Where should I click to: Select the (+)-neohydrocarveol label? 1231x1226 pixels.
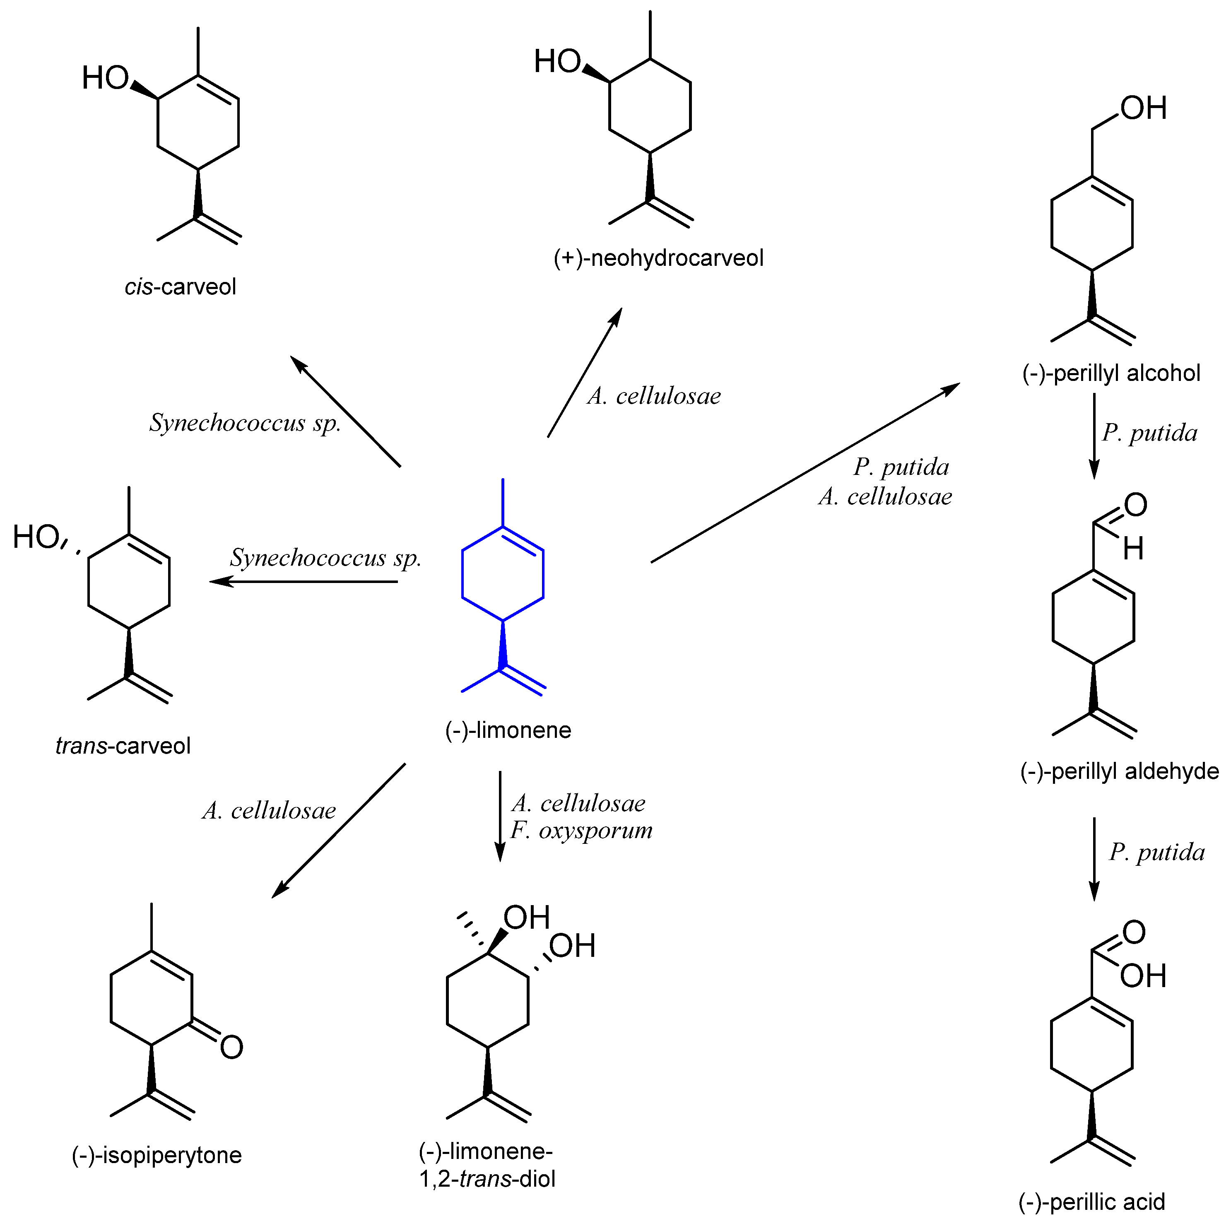tap(658, 258)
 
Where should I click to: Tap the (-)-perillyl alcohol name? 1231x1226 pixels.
tap(1111, 373)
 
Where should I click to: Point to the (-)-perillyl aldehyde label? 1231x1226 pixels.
tap(1119, 771)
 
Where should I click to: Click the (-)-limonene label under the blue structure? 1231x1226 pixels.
tap(508, 730)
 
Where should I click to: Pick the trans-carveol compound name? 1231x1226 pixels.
tap(123, 746)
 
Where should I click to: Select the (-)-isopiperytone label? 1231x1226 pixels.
tap(157, 1155)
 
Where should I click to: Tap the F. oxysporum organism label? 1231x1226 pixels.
tap(581, 830)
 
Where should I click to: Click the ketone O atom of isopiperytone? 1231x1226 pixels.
tap(231, 1047)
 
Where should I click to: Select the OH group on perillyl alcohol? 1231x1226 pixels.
tap(1143, 108)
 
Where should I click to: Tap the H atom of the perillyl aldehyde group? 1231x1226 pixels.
tap(1133, 548)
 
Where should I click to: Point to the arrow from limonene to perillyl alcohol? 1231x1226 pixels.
tap(805, 473)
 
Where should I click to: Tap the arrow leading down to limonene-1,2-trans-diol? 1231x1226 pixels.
tap(500, 816)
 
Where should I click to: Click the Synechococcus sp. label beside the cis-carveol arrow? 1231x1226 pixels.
tap(245, 422)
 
